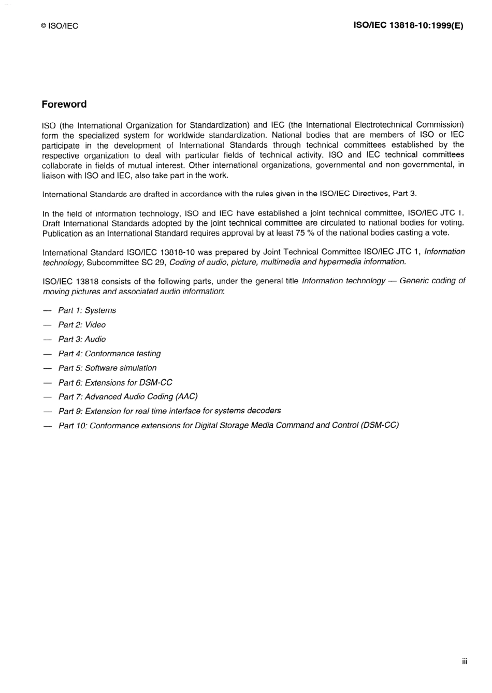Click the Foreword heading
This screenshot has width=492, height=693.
coord(64,104)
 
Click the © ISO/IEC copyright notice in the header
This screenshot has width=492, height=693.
coord(60,26)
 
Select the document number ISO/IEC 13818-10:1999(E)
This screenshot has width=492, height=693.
coord(408,25)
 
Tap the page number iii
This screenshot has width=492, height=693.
coord(465,661)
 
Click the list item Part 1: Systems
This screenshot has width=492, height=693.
coord(87,310)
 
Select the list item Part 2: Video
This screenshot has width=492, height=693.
coord(82,325)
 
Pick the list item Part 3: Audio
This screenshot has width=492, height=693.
coord(82,339)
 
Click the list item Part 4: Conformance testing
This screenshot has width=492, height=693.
coord(109,354)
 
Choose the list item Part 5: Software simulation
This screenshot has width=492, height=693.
coord(107,368)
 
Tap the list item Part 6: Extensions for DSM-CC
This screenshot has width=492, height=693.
coord(115,383)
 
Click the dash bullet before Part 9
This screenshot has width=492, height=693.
coord(48,412)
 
